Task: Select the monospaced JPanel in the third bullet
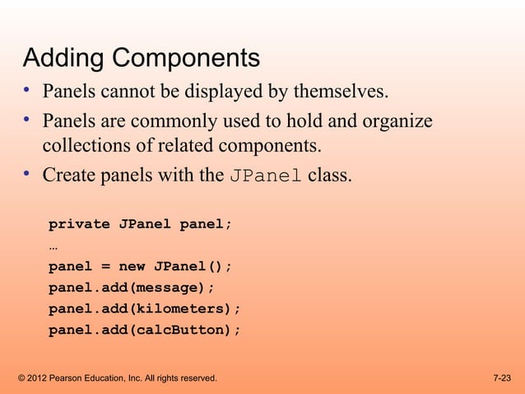264,176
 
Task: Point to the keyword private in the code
79,224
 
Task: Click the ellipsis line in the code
53,246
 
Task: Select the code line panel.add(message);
132,288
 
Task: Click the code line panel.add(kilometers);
145,309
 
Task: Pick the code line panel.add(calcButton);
145,331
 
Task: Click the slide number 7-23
502,378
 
